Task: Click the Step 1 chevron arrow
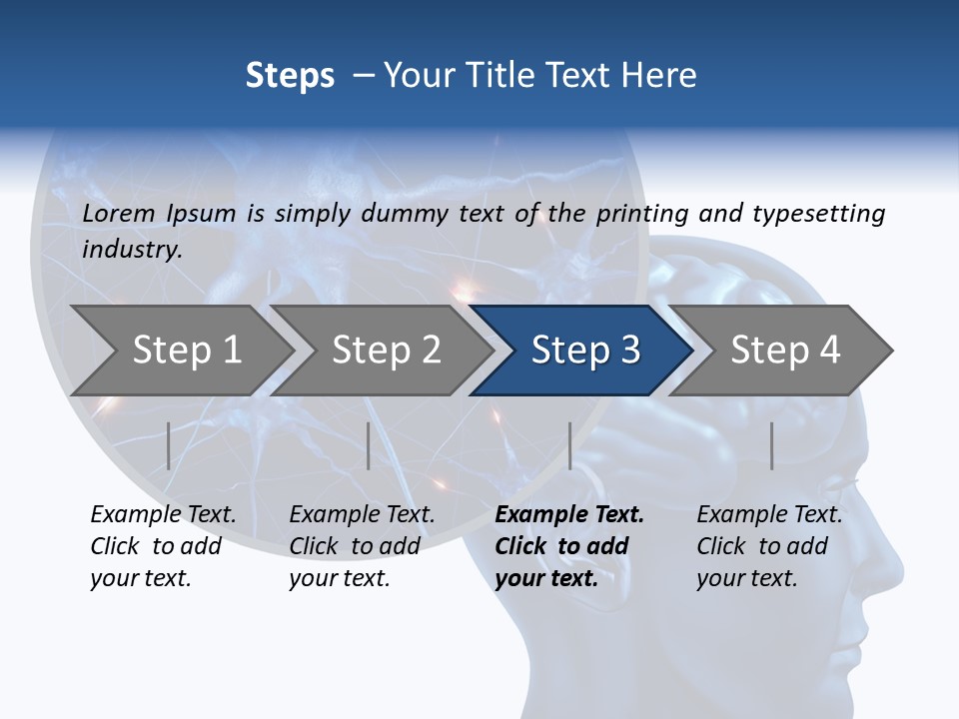point(185,351)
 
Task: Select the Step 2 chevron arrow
point(385,351)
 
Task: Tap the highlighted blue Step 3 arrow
point(584,351)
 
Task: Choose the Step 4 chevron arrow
point(784,351)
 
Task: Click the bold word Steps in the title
point(290,76)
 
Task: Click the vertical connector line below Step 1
point(169,445)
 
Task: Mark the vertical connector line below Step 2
point(369,445)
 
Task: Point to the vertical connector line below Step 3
point(569,445)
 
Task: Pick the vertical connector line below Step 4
point(771,445)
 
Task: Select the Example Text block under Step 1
point(162,546)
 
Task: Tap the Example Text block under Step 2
point(361,546)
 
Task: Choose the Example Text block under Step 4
point(768,546)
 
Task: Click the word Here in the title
point(660,76)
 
